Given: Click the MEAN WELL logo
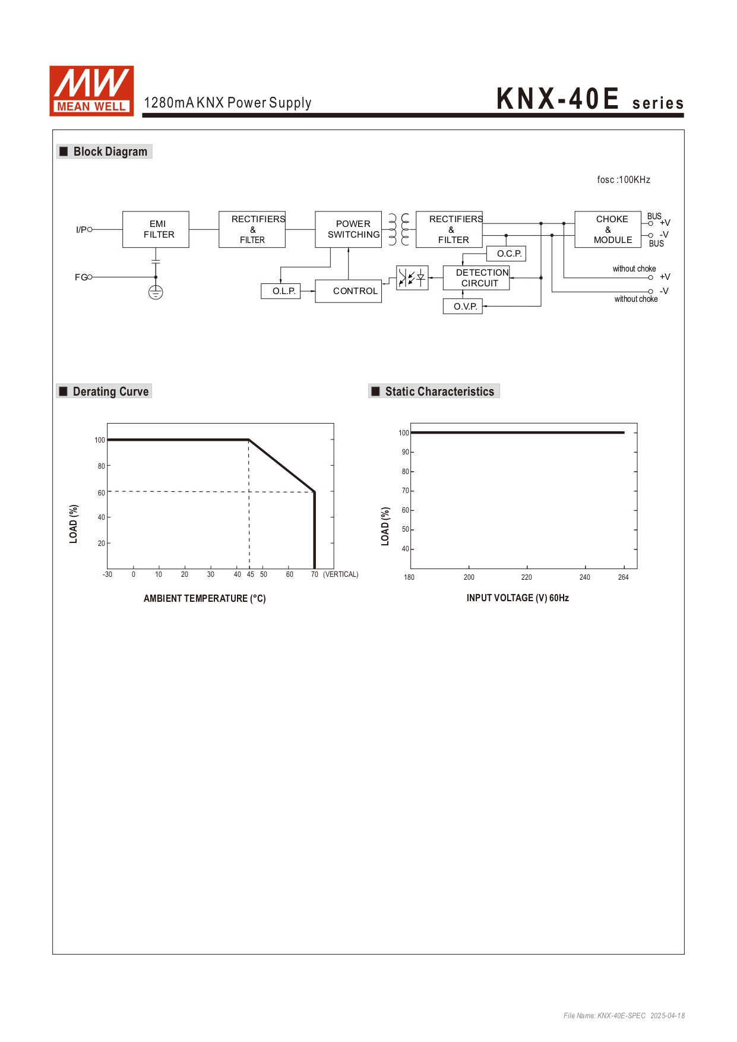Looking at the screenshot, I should coord(91,90).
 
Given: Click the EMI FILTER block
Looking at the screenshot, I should coord(156,229).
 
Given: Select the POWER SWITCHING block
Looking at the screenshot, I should coord(348,229).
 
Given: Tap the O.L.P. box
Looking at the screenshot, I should coord(280,291).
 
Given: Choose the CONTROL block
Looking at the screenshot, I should coord(349,291).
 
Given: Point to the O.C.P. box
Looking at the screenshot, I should coord(506,254).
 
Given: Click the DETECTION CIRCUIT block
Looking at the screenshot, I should coord(476,278).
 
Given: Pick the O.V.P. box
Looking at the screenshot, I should coord(463,307).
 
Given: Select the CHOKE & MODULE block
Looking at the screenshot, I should coord(608,229).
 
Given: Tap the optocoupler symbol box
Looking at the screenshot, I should coord(412,277).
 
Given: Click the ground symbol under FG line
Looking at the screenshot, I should coord(156,292).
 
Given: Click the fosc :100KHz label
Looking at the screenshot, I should coord(624,180).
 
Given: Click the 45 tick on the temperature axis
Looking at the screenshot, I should coord(251,574).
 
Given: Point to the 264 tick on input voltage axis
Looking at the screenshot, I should coord(623,577).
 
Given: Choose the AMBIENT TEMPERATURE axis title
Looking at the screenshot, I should coord(205,598).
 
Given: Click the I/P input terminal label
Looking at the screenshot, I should coord(81,229).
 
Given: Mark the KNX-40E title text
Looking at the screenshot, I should coord(558,99).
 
